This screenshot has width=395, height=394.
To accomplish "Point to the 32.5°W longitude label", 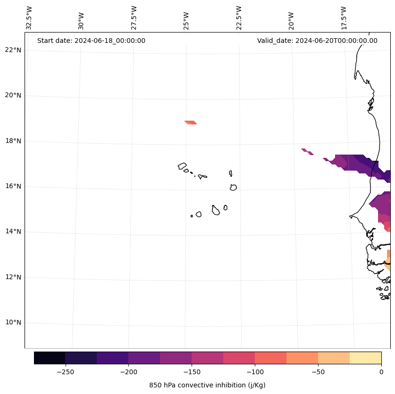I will click(29, 18).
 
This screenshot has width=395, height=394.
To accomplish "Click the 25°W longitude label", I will click(187, 18).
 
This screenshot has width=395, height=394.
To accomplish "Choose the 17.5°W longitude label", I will click(344, 18).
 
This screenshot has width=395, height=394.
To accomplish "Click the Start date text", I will click(91, 41).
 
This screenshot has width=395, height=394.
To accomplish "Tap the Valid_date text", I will click(317, 41).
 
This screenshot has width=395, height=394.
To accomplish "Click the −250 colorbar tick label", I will click(65, 371).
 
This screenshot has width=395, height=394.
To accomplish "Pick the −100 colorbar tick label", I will click(255, 371).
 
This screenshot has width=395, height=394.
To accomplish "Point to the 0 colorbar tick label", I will click(381, 371).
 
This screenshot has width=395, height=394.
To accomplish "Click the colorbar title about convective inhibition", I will click(207, 385).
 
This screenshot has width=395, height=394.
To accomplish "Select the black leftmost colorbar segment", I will click(50, 358).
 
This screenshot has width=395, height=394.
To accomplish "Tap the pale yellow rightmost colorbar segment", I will click(366, 358).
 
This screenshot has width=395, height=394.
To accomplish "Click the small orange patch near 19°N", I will click(191, 123).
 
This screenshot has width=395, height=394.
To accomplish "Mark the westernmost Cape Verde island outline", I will click(182, 166).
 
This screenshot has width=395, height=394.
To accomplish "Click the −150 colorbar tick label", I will click(192, 371).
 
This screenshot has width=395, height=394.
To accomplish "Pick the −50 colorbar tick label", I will click(318, 371).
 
